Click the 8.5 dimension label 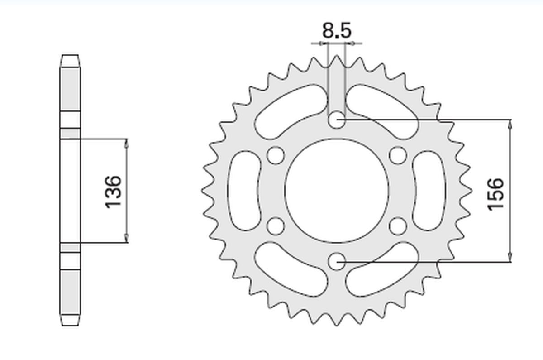(336, 31)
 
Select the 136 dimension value (113, 191)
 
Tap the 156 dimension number (495, 193)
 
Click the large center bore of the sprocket (337, 191)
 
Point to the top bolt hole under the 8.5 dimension (337, 120)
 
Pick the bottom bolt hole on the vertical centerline (337, 261)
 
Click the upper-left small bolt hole (275, 155)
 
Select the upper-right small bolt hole (398, 155)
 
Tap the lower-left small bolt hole (275, 226)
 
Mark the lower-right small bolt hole (398, 226)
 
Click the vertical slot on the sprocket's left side (243, 191)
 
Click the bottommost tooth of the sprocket (337, 321)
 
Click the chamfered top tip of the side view (70, 58)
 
